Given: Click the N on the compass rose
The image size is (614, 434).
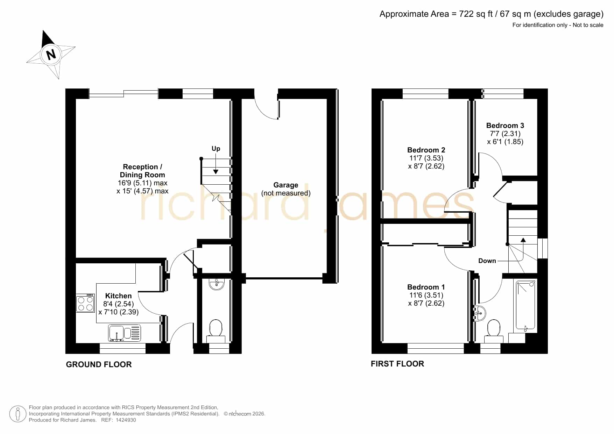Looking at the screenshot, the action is pos(51,54).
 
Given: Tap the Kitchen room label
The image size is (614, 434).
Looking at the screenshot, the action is pos(119,296).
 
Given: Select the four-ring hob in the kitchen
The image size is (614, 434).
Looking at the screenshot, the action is pos(85,303).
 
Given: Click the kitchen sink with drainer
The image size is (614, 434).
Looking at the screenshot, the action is pos(125,333).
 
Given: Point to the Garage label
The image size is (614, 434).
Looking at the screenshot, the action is pos(286,185).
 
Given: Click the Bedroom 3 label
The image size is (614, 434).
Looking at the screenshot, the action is pos(505,126).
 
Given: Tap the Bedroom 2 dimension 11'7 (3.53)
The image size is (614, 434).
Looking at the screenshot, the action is pos(426,158).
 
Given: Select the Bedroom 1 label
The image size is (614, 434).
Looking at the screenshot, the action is pos(426,287).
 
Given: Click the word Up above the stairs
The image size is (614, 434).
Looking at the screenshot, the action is pos(216,149).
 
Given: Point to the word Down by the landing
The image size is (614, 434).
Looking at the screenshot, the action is pos(487,261).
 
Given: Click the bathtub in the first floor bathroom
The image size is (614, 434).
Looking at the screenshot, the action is pos(526,305).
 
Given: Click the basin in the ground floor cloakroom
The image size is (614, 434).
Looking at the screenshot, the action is pos(217,284).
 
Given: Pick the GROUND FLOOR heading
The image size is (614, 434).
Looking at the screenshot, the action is pos(99,364).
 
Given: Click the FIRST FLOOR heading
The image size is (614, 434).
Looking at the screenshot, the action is pos(397,364).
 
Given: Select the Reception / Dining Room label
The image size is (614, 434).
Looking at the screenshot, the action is pos(142,171).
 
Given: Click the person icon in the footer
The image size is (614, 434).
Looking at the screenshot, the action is pos(17,414).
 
